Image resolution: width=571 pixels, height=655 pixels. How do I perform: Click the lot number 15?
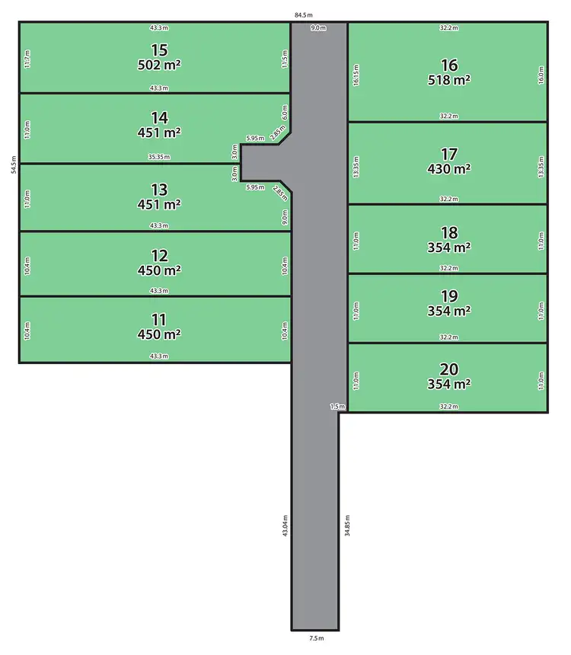[159, 50]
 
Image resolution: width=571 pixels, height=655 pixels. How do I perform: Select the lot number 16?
[449, 64]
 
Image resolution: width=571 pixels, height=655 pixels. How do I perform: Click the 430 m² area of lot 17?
[449, 168]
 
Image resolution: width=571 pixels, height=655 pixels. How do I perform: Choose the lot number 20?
[449, 369]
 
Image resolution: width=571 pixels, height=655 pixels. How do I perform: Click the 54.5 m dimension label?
[13, 166]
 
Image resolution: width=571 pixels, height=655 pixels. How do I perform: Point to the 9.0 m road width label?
[318, 28]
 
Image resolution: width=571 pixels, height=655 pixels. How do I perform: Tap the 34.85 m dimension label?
[347, 527]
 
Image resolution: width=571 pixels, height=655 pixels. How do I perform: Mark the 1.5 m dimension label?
[338, 407]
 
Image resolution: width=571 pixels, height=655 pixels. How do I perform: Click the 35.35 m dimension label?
[159, 158]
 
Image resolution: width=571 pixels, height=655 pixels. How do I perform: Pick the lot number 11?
[159, 319]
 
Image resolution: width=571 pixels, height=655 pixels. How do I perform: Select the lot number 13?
[159, 189]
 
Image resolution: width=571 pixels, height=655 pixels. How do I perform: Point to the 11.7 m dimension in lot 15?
[27, 58]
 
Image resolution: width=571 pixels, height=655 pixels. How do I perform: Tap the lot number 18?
[449, 232]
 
